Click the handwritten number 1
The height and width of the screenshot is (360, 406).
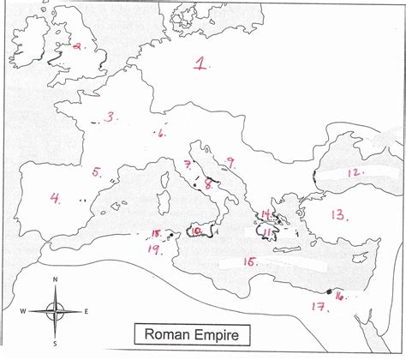201,63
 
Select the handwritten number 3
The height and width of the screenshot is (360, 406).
110,117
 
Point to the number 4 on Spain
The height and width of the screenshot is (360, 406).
55,199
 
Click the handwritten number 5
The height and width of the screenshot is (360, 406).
97,172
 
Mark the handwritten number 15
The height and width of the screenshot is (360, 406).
250,261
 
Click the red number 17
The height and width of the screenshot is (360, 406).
318,307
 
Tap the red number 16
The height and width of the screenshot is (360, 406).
339,297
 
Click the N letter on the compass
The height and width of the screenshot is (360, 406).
55,280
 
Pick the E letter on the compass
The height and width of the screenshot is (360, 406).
86,310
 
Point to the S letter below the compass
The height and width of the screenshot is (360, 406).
55,344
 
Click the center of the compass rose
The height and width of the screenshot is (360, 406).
55,310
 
